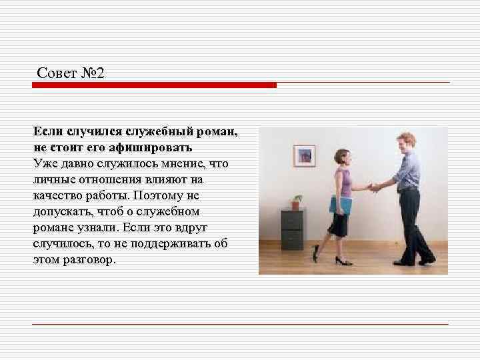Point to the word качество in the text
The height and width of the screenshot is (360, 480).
tap(57, 196)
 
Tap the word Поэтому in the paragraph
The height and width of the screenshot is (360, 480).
tap(157, 196)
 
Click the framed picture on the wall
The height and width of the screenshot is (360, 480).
tap(304, 155)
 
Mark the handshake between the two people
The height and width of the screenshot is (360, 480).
tap(375, 187)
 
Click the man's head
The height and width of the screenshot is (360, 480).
tap(405, 143)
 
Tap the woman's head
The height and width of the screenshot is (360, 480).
tap(342, 158)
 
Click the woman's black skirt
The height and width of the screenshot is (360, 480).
tap(338, 223)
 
